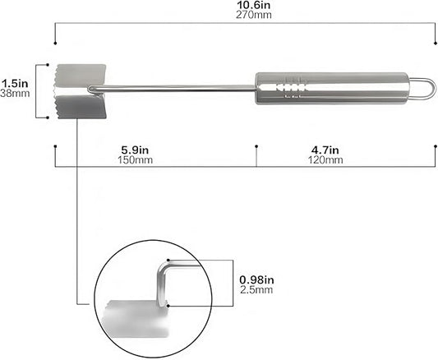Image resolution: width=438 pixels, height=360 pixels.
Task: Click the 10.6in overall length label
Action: tap(245, 5)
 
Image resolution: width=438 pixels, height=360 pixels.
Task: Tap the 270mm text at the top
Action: tap(245, 15)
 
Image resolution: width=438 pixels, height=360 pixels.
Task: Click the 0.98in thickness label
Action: tap(256, 279)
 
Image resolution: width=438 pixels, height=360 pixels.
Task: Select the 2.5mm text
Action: tap(254, 291)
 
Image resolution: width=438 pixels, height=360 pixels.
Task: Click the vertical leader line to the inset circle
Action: tap(77, 214)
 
